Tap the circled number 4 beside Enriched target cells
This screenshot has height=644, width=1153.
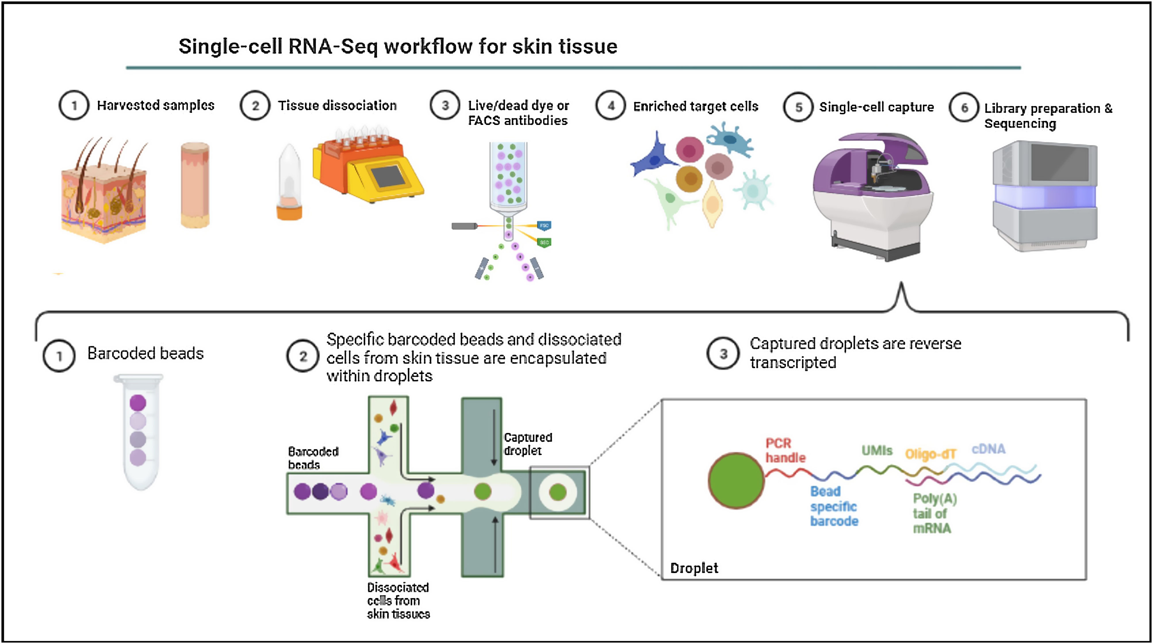(610, 106)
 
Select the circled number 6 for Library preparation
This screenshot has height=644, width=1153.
(964, 108)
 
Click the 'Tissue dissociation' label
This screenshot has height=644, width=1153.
(337, 105)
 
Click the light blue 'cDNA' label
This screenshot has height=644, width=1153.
(988, 449)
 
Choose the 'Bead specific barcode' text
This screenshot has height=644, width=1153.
(834, 506)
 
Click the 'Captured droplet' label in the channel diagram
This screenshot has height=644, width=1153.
(528, 444)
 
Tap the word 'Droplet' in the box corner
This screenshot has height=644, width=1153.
(694, 568)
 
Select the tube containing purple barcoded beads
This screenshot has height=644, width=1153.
(139, 431)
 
